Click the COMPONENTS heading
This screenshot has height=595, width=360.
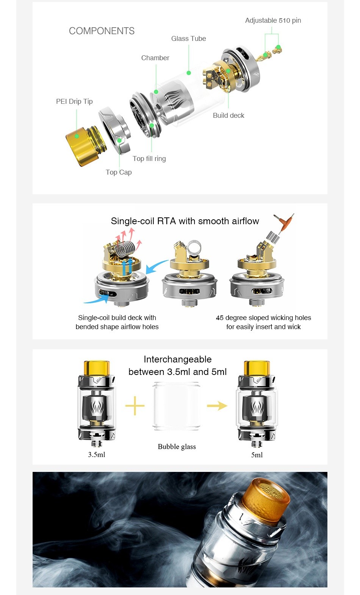coord(102,31)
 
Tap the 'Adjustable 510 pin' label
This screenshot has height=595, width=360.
coord(273,20)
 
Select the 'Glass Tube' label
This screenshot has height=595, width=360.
coord(189,39)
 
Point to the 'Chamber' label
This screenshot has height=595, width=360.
coord(155,58)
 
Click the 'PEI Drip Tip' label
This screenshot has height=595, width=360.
coord(74,102)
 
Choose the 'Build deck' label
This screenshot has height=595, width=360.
coord(229,115)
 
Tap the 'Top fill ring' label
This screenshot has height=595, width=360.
coord(149,159)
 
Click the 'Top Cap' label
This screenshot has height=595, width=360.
coord(119,172)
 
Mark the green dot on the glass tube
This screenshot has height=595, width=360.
coord(189,73)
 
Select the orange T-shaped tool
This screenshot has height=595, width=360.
coord(284,223)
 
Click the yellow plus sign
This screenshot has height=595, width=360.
coord(135,406)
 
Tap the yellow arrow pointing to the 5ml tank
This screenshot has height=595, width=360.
coord(217,406)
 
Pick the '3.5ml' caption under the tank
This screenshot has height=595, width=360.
coord(97,454)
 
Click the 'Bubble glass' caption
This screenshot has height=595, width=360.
coord(177,447)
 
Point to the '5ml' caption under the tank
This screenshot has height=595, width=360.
coord(257,455)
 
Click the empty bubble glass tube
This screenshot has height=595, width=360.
coord(177,406)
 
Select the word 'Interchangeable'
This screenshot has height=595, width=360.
coord(178,359)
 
